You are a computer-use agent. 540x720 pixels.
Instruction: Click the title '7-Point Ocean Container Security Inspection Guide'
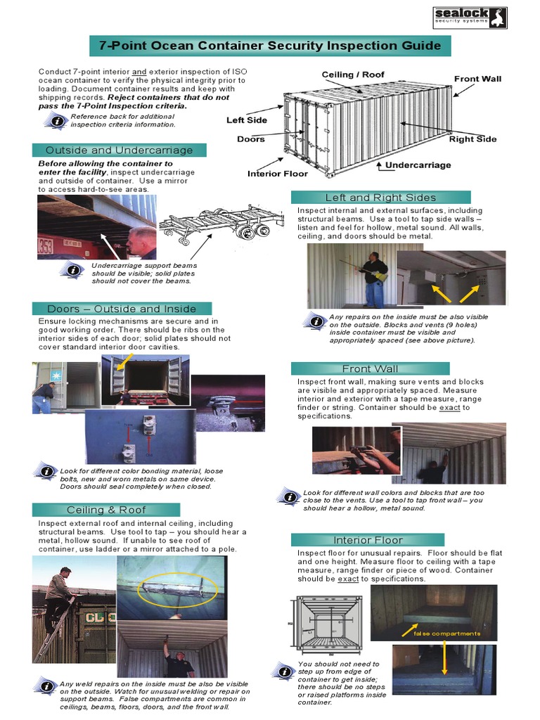pyautogui.click(x=270, y=46)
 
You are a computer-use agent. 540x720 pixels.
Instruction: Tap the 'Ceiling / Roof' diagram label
pyautogui.click(x=353, y=75)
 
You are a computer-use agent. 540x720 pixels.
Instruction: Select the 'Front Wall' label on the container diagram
pyautogui.click(x=477, y=79)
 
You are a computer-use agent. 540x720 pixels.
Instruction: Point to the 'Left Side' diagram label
pyautogui.click(x=246, y=120)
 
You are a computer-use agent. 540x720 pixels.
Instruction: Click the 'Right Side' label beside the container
pyautogui.click(x=472, y=139)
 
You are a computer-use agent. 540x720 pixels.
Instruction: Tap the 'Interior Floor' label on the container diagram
pyautogui.click(x=277, y=173)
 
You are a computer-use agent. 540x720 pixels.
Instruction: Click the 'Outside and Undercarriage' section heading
pyautogui.click(x=119, y=150)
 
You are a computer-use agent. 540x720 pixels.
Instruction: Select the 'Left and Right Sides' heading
pyautogui.click(x=380, y=198)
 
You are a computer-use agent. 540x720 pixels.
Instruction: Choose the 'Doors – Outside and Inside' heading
pyautogui.click(x=121, y=309)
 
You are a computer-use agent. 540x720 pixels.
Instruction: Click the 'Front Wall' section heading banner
pyautogui.click(x=370, y=368)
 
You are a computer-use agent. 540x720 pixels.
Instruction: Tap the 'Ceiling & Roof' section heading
pyautogui.click(x=106, y=510)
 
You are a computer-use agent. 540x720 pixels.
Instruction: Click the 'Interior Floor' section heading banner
pyautogui.click(x=368, y=540)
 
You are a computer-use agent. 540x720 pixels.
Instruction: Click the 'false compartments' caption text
pyautogui.click(x=446, y=634)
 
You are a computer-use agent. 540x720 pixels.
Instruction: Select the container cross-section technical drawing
pyautogui.click(x=328, y=625)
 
